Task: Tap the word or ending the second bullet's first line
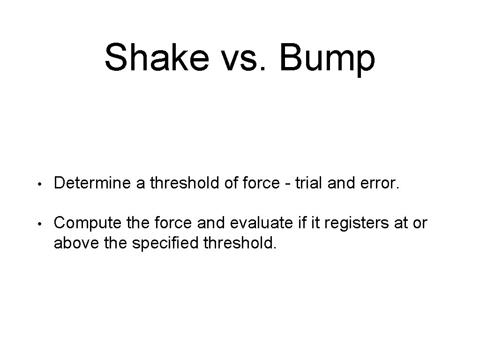pos(420,224)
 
